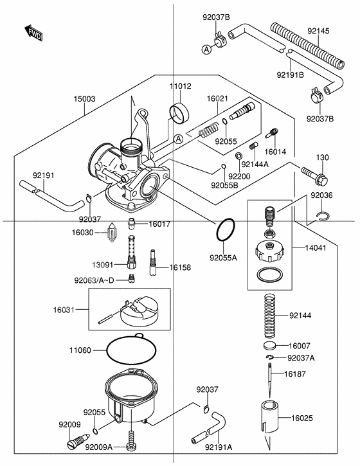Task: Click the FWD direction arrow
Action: pos(33,33)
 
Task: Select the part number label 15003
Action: pos(85,98)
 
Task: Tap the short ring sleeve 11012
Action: pos(179,112)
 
